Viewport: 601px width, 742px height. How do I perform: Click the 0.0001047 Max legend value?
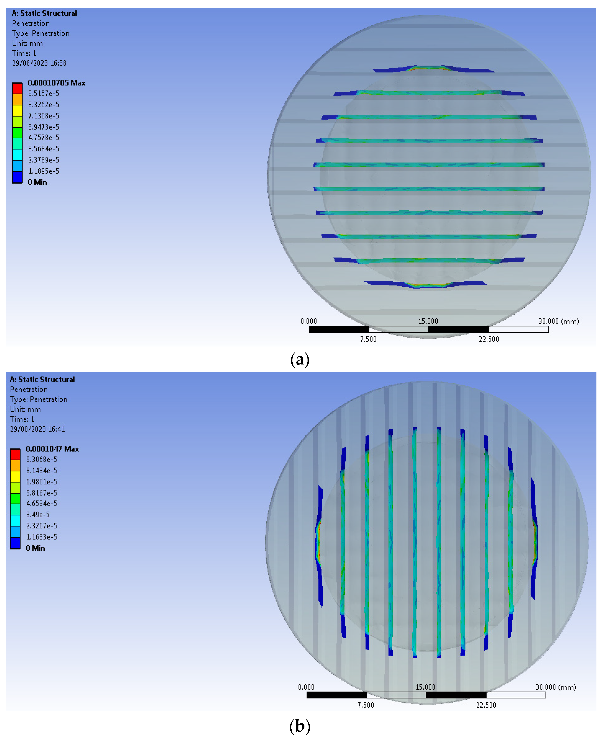click(x=52, y=449)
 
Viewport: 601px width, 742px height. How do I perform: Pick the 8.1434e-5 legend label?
click(x=42, y=471)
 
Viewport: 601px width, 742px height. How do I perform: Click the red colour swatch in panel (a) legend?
click(x=17, y=88)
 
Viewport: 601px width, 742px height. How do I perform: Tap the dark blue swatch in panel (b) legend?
click(x=15, y=543)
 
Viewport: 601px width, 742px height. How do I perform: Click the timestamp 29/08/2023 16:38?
click(x=39, y=63)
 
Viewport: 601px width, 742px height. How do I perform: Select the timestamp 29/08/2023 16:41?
click(x=37, y=429)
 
